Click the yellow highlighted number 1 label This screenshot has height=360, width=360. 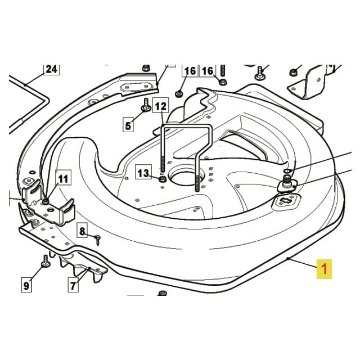pyautogui.click(x=324, y=269)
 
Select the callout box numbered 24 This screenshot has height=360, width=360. pyautogui.click(x=52, y=69)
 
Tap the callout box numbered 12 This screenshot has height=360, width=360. pyautogui.click(x=160, y=106)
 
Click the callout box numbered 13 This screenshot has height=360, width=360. pyautogui.click(x=143, y=173)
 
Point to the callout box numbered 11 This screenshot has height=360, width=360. pyautogui.click(x=63, y=179)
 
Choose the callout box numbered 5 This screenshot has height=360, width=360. pyautogui.click(x=128, y=125)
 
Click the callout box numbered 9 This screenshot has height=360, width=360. pyautogui.click(x=26, y=286)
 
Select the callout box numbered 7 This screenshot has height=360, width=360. pyautogui.click(x=73, y=285)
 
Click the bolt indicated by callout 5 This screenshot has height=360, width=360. pyautogui.click(x=146, y=105)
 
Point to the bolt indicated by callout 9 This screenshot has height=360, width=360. pyautogui.click(x=46, y=261)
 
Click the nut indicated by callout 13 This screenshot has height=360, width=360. pyautogui.click(x=163, y=179)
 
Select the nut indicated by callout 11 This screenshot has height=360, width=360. pyautogui.click(x=46, y=201)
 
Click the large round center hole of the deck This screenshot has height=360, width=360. pyautogui.click(x=186, y=177)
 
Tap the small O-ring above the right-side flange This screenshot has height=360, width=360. pyautogui.click(x=288, y=171)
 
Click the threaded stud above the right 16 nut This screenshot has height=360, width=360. pyautogui.click(x=223, y=70)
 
